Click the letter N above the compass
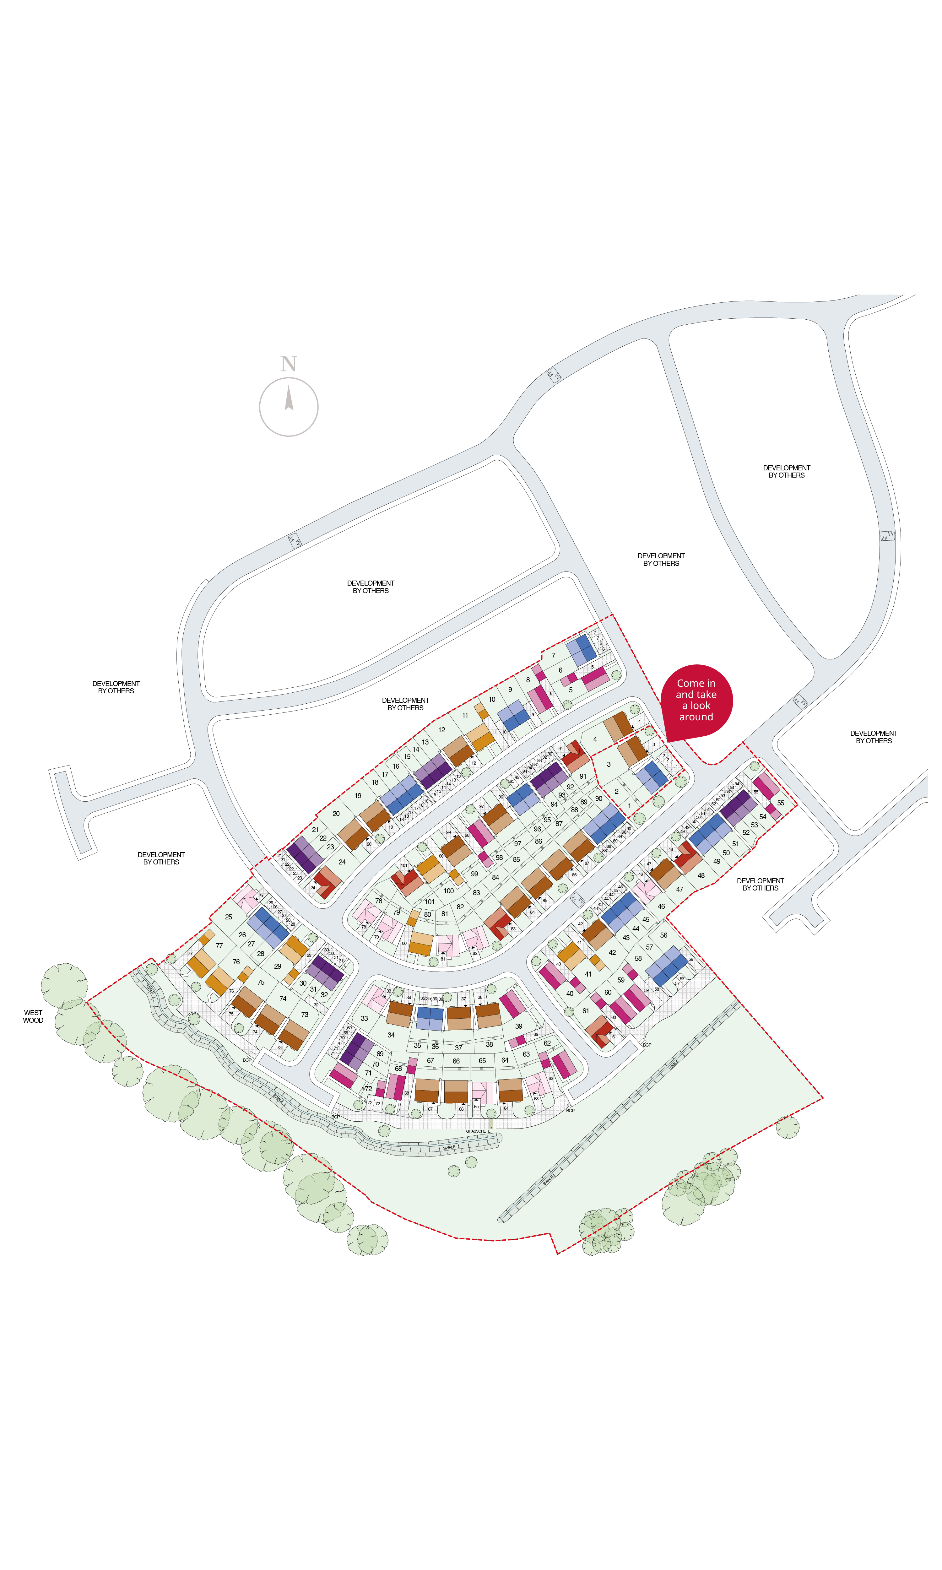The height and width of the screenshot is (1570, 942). point(289,364)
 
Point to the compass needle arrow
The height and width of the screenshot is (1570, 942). point(289,398)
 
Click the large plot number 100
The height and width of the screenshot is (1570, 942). point(449,891)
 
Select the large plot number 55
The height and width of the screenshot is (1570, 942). point(781,803)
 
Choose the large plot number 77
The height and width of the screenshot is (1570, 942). point(219,945)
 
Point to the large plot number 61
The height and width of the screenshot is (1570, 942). point(585,1011)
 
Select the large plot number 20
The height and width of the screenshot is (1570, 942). point(336,814)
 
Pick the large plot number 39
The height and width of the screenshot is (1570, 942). point(519,1026)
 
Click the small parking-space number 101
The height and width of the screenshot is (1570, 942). point(404,866)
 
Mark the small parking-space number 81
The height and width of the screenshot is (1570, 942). point(443,959)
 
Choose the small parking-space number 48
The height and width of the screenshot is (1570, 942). point(670,849)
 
